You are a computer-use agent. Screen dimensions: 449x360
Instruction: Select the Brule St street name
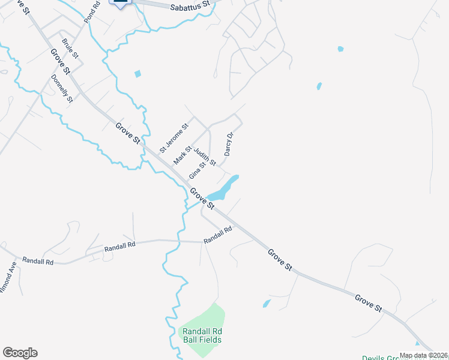pos(71,49)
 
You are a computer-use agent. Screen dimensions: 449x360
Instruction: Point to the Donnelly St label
pos(62,88)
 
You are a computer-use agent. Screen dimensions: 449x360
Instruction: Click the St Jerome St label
pos(173,137)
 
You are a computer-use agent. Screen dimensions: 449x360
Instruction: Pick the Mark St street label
pos(182,155)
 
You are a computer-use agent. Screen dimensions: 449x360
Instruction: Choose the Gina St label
pos(197,169)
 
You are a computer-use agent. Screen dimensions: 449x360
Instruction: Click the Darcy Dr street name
pos(228,144)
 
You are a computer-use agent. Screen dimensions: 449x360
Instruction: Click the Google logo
pos(20,353)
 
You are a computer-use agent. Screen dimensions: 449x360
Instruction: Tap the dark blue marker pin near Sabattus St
pos(120,2)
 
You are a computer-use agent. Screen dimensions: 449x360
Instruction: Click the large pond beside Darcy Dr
pos(223,189)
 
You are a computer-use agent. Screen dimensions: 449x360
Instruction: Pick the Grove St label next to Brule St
pos(61,62)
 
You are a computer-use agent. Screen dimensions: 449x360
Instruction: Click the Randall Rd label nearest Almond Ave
pos(38,262)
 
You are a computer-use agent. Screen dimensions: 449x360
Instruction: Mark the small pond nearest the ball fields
pos(267,304)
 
